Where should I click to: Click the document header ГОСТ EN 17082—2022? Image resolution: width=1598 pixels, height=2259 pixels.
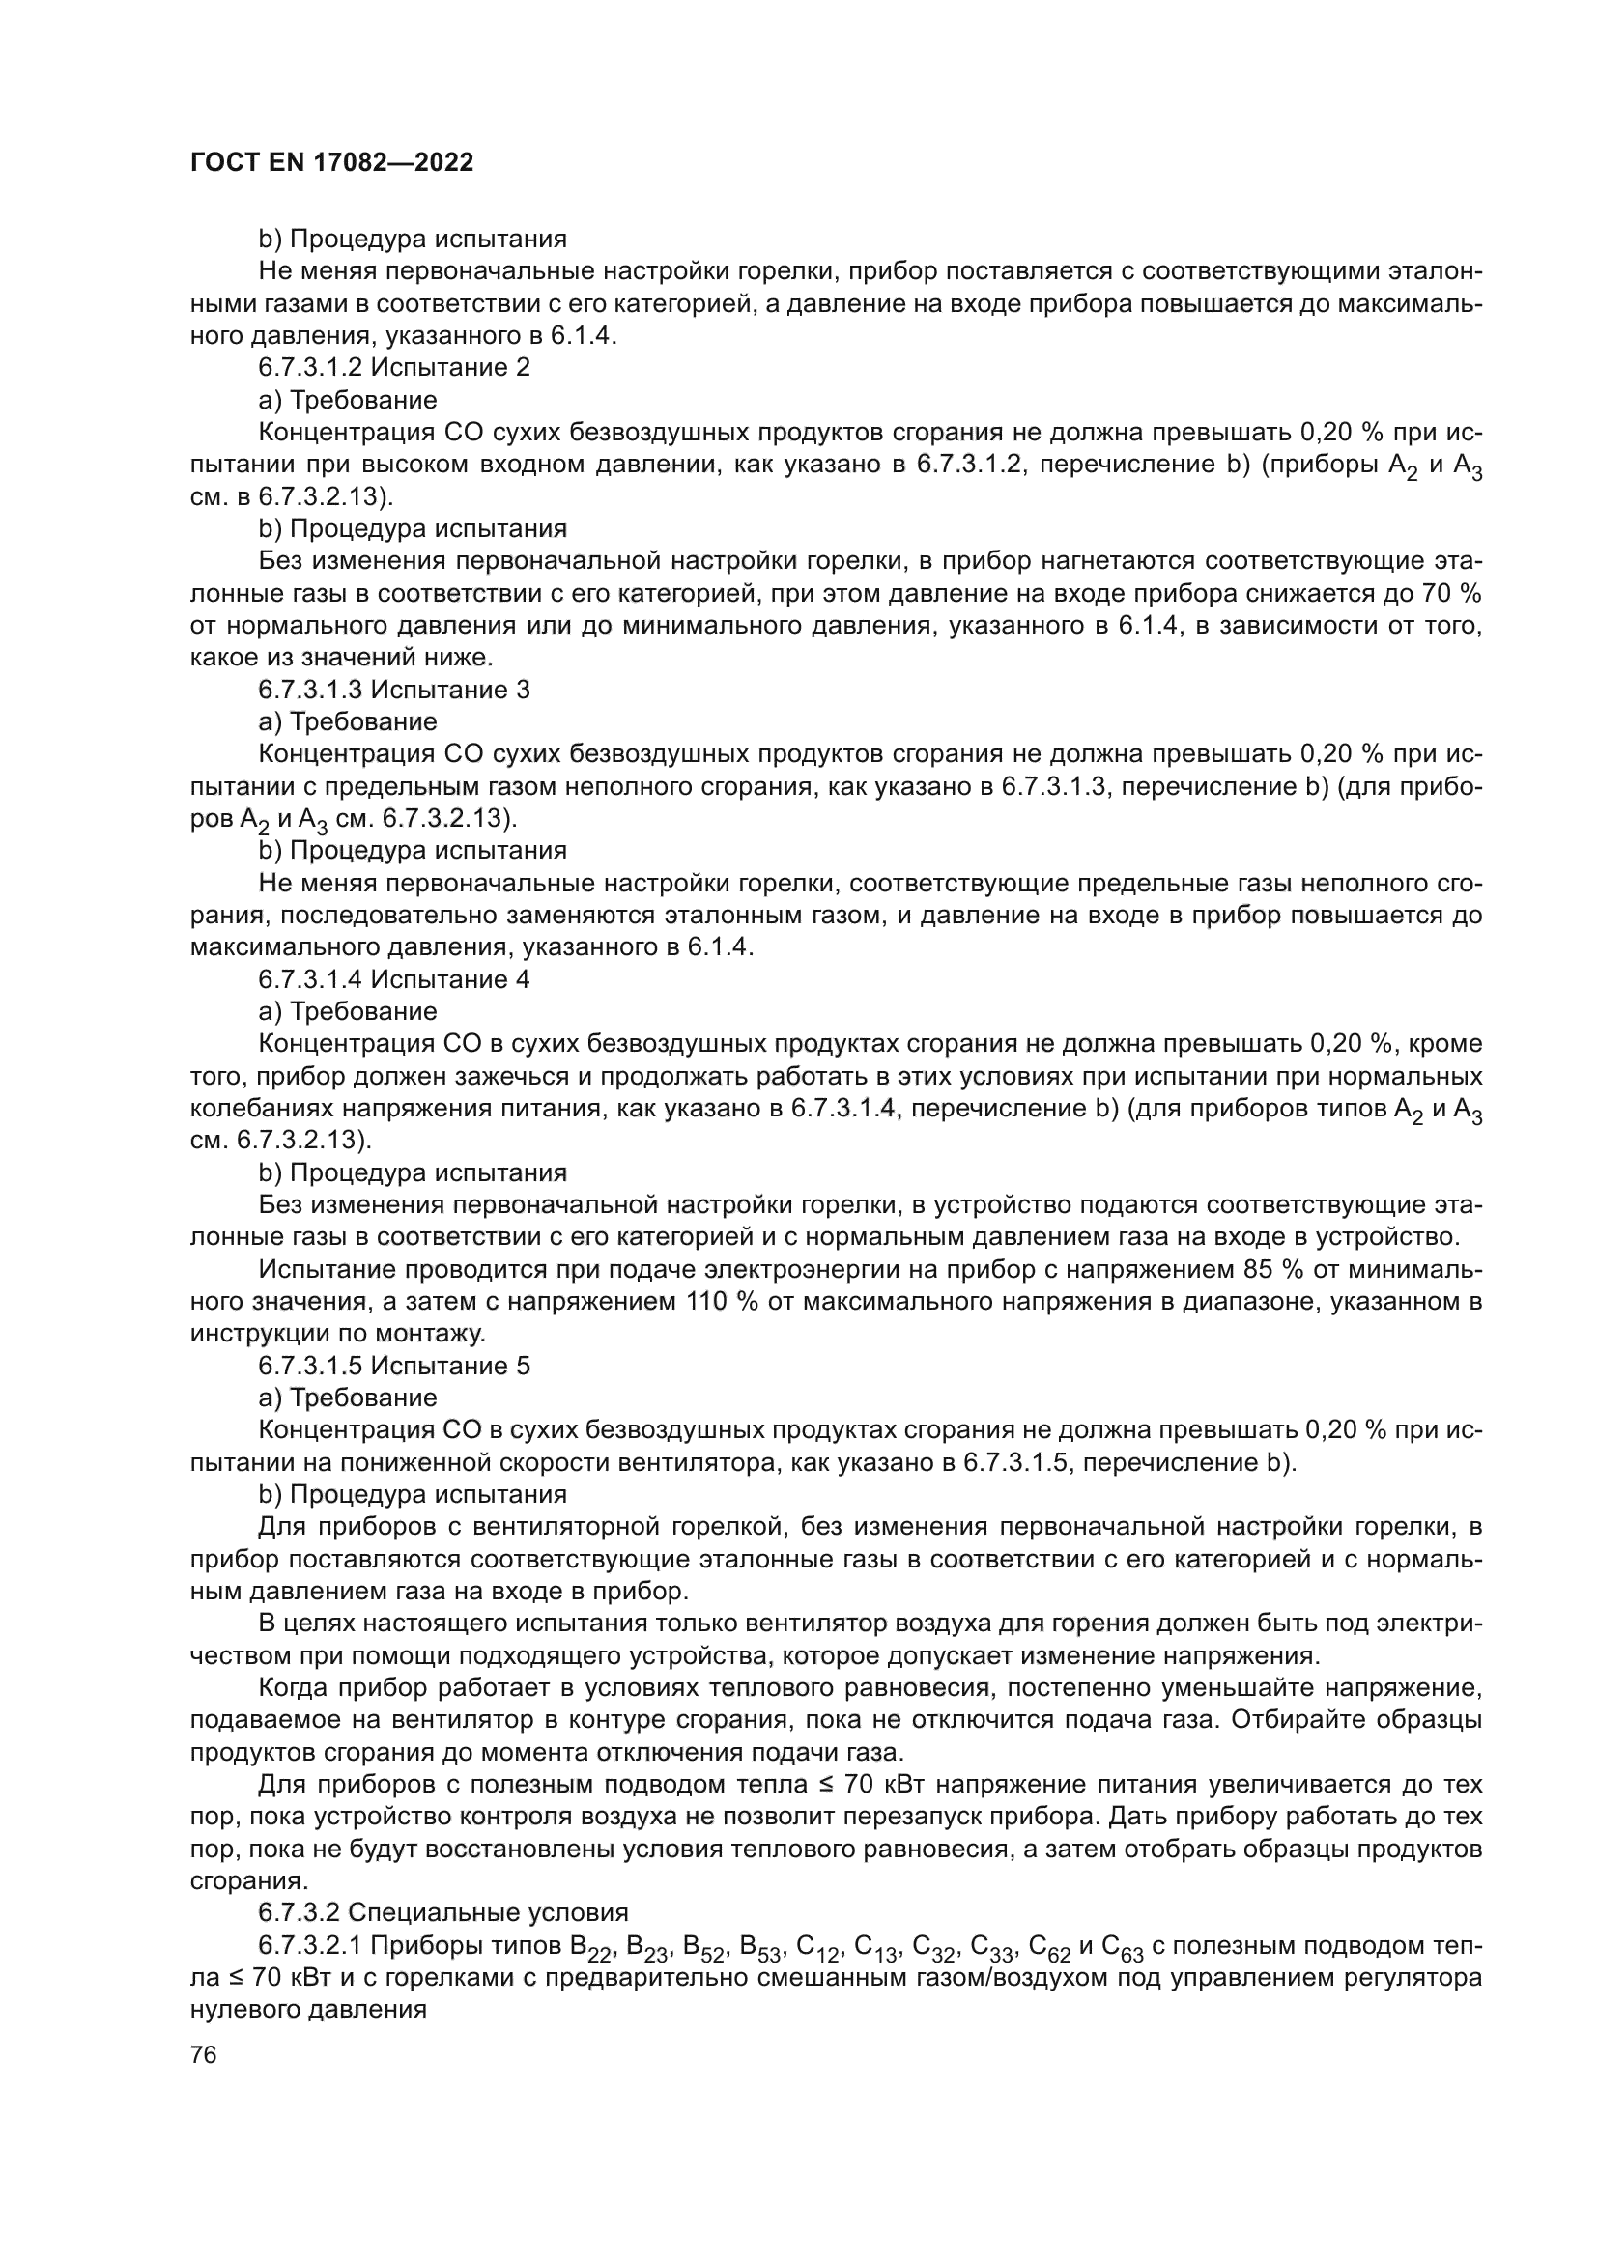point(330,163)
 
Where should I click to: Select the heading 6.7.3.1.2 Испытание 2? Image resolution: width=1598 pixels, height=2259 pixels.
point(393,368)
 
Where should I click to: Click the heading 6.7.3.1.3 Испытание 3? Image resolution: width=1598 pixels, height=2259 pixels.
point(393,690)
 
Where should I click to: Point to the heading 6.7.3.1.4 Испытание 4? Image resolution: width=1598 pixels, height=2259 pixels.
point(393,979)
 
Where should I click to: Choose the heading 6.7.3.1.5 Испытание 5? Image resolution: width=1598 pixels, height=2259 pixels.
point(393,1366)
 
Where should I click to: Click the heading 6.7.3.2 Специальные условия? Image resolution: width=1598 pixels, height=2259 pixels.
point(442,1912)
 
